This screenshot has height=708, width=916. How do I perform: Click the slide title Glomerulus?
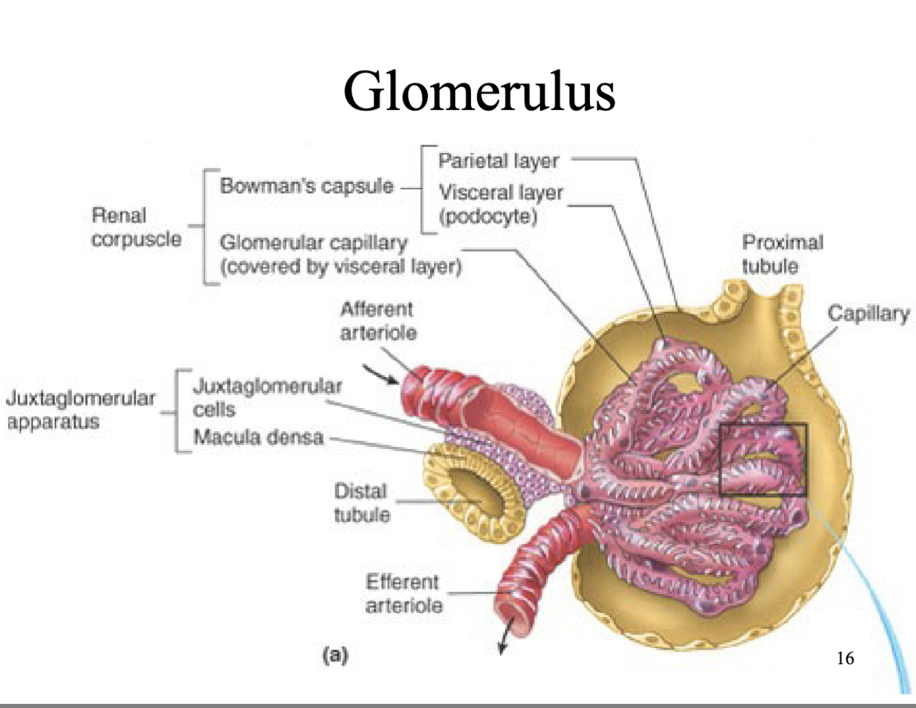(x=479, y=91)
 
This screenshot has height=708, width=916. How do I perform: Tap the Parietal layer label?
(x=498, y=161)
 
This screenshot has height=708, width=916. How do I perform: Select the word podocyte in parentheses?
(x=488, y=217)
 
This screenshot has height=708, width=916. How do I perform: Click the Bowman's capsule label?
(x=306, y=185)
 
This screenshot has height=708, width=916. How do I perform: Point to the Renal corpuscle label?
(x=135, y=227)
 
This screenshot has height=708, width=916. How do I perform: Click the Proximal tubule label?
(x=782, y=254)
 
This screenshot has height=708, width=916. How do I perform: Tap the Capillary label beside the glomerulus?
(x=868, y=313)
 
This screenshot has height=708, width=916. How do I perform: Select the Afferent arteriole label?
(x=378, y=321)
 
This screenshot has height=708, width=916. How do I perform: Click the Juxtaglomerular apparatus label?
(x=80, y=409)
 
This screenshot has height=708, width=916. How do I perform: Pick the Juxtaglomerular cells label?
(x=266, y=398)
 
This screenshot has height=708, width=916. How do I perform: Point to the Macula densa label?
(x=258, y=437)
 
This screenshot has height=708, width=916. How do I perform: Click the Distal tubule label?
(x=361, y=503)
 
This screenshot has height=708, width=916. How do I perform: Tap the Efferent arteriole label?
(x=403, y=593)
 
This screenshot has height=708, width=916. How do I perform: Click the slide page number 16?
(x=845, y=658)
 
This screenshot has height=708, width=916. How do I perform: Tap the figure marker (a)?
(x=335, y=654)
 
